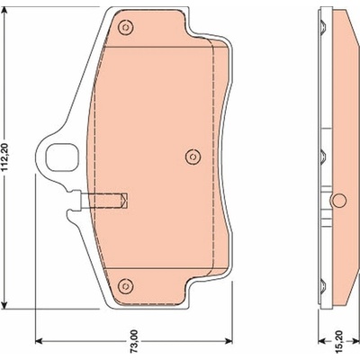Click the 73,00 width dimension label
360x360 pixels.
point(134,340)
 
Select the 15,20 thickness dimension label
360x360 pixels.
point(339,341)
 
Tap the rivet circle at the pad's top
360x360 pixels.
point(126,28)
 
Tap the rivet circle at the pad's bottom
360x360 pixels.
point(125,285)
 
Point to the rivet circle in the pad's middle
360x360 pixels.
point(193,157)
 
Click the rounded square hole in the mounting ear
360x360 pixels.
point(62,157)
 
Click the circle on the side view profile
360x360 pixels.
point(339,201)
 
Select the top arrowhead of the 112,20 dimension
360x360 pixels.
point(4,11)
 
